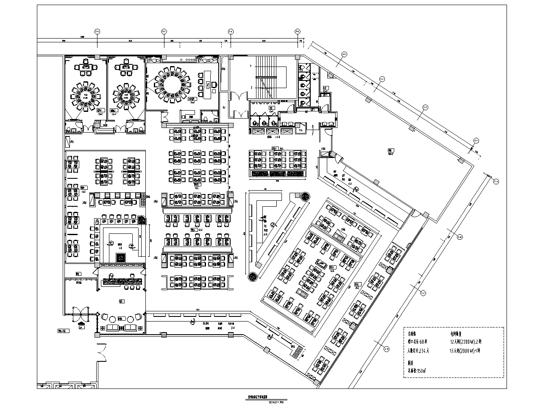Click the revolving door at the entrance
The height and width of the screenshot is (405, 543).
tap(80, 314)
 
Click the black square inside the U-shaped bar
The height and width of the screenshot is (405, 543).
tap(121, 257)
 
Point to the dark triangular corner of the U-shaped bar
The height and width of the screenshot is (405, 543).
tap(142, 220)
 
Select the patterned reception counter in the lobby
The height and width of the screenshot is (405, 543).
tap(123, 280)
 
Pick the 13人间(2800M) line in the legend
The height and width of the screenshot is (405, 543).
tap(465, 351)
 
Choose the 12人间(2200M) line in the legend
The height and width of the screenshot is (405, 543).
tap(465, 341)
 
